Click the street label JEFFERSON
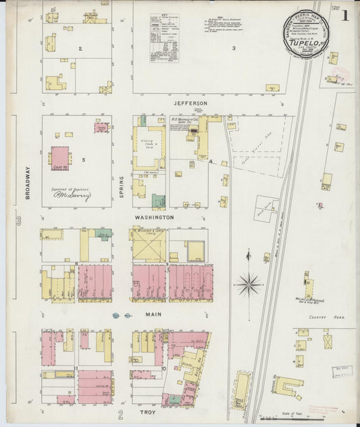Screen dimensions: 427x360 pos(188,103)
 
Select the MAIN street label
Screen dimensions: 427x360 pos(153,315)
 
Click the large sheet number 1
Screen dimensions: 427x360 pos(345,14)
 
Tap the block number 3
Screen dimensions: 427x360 pos(234,48)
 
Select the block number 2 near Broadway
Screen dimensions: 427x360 pos(79,49)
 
